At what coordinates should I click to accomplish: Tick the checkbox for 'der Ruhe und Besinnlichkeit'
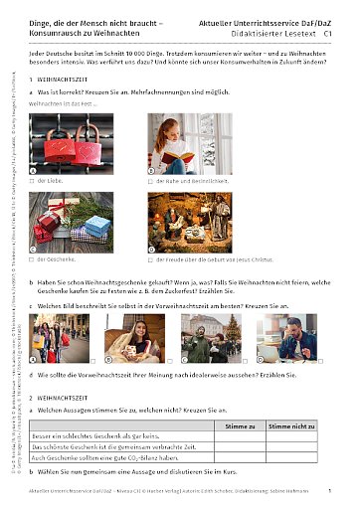click(x=150, y=182)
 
